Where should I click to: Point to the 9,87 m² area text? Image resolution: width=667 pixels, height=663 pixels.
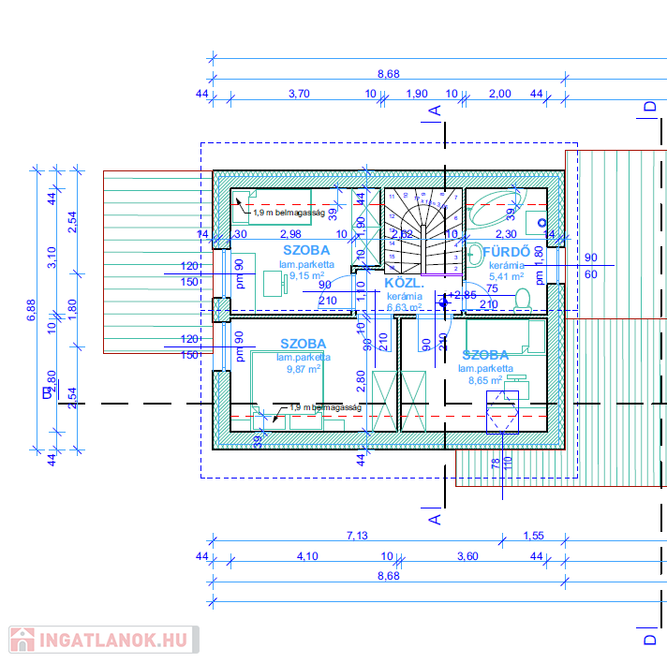(x=304, y=369)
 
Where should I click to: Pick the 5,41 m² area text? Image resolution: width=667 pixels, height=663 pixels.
(x=507, y=276)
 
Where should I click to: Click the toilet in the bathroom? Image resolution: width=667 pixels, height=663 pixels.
(x=524, y=299)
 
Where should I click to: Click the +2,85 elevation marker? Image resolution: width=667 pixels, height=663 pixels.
(x=462, y=295)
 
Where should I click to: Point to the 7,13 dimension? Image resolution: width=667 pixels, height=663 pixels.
(x=357, y=536)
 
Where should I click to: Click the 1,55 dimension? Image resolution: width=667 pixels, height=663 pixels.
(x=533, y=536)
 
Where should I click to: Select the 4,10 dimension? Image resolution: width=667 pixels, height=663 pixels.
(x=307, y=556)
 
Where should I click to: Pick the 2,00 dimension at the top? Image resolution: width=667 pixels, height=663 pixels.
(x=500, y=94)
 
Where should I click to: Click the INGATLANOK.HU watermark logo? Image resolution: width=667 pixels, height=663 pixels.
(x=104, y=641)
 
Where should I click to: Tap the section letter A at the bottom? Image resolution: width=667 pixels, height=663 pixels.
(x=434, y=517)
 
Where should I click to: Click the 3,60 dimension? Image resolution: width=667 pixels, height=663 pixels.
(x=467, y=556)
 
